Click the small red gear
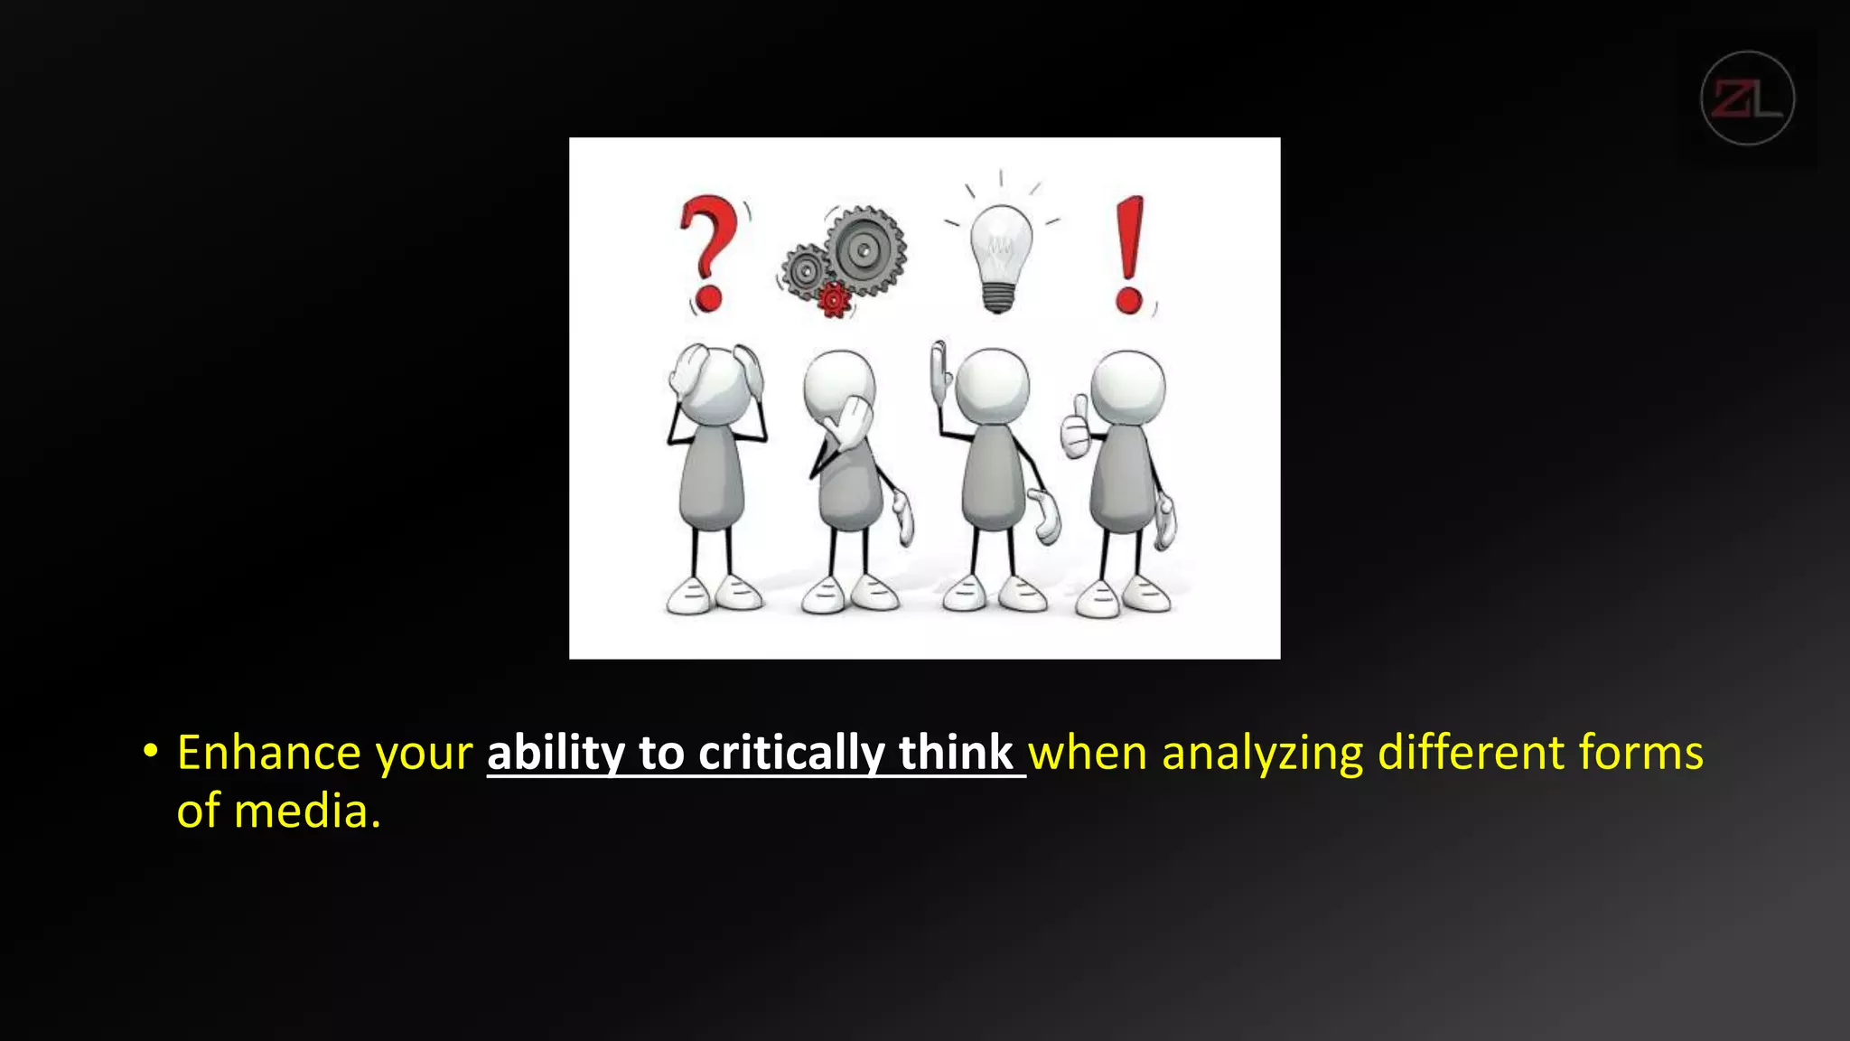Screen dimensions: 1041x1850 tap(834, 299)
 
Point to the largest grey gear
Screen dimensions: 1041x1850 tap(864, 250)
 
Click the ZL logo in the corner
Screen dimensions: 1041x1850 tap(1747, 98)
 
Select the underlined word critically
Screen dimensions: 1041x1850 tap(791, 753)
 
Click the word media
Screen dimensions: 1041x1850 tap(307, 811)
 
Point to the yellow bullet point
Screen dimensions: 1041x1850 tap(150, 751)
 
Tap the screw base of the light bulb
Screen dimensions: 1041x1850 tap(998, 297)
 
